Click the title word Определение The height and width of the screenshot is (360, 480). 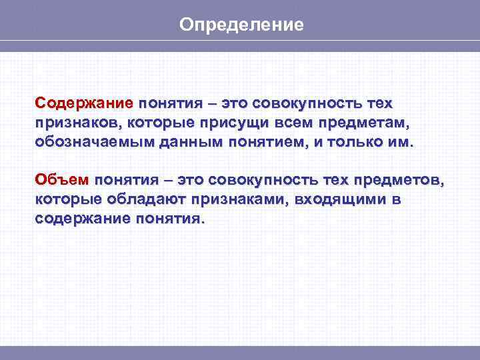241,25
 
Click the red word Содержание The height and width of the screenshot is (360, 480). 85,105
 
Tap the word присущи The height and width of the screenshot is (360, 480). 218,124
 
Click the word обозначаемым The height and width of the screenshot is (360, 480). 85,143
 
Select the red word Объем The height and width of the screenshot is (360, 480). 61,181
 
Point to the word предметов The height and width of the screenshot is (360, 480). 401,181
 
